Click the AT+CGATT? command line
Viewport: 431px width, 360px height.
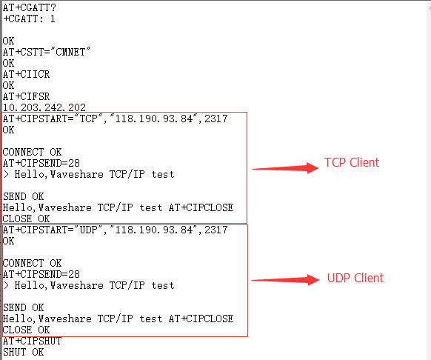click(x=30, y=7)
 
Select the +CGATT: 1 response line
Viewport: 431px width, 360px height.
click(x=29, y=19)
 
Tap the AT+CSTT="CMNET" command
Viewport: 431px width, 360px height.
click(x=47, y=52)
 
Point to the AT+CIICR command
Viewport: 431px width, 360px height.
click(x=27, y=74)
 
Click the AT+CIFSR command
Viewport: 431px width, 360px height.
click(x=27, y=96)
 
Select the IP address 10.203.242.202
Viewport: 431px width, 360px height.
click(x=44, y=107)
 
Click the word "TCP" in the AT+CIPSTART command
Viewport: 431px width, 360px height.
click(x=89, y=119)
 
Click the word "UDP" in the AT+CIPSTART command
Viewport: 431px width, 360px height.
click(x=89, y=230)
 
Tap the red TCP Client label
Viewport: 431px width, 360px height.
click(x=352, y=162)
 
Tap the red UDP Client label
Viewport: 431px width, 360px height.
click(x=355, y=278)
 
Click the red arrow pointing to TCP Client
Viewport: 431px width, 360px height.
click(x=285, y=167)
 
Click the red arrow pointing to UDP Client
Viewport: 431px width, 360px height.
click(x=285, y=280)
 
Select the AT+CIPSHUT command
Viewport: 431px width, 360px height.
click(x=32, y=341)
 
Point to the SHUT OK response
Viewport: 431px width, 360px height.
click(x=24, y=352)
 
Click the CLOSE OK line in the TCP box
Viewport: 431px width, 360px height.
click(x=27, y=219)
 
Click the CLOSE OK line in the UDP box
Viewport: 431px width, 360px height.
click(x=27, y=330)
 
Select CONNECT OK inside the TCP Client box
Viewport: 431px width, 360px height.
click(x=32, y=152)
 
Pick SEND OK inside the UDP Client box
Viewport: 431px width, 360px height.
click(x=24, y=307)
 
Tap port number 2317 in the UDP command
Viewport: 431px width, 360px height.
click(x=216, y=230)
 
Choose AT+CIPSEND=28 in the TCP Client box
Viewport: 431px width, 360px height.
click(x=41, y=163)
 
